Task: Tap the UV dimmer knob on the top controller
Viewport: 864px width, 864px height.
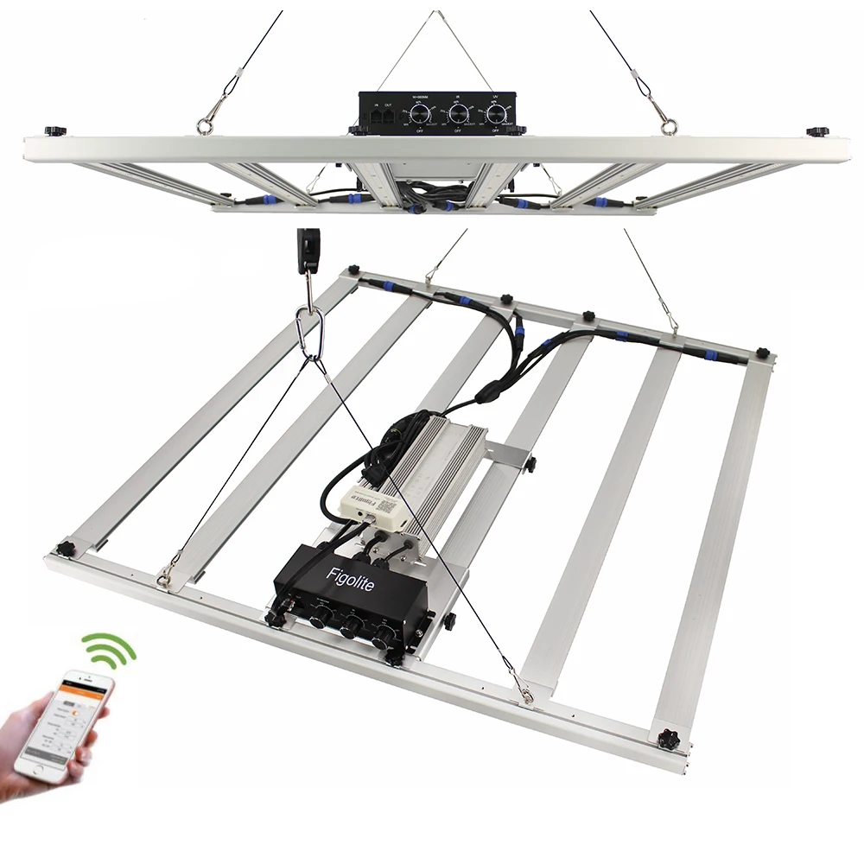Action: (x=497, y=113)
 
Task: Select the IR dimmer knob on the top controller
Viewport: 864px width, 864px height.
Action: (x=459, y=113)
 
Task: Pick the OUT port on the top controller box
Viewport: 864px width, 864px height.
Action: (x=388, y=114)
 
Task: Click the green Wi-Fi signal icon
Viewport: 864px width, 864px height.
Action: (x=110, y=650)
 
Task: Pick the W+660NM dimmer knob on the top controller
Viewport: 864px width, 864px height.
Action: (x=421, y=113)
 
